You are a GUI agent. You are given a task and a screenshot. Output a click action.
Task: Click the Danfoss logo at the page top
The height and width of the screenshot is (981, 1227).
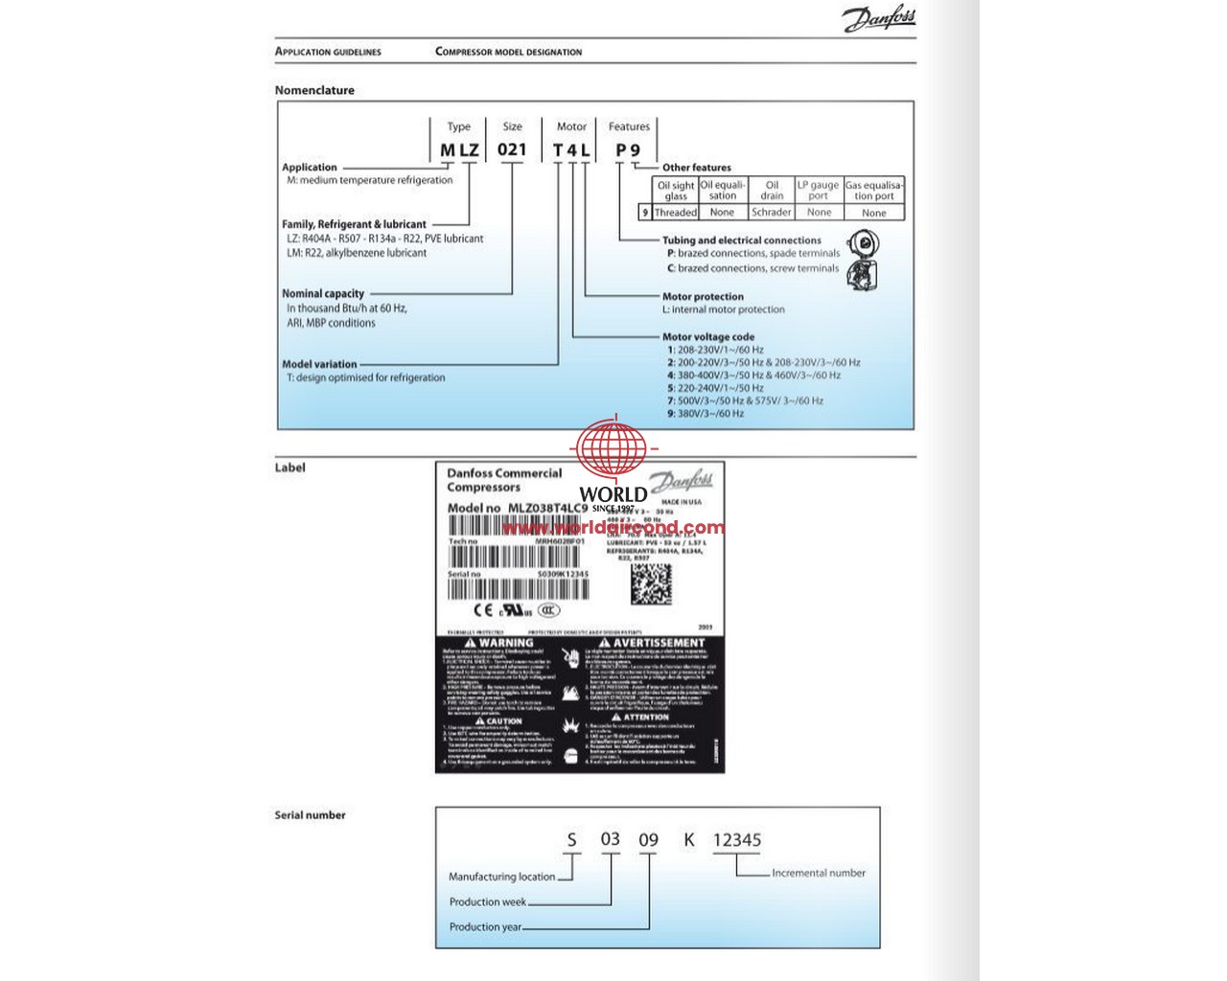click(x=879, y=19)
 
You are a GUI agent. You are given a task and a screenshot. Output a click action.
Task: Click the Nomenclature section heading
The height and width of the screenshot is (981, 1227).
click(x=314, y=90)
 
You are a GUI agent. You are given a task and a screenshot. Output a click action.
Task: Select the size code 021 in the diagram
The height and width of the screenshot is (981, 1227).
click(x=512, y=149)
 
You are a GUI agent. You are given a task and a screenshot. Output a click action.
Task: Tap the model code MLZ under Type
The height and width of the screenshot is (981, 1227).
click(x=459, y=150)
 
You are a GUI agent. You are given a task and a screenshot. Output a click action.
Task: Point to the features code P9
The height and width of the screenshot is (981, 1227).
click(x=628, y=150)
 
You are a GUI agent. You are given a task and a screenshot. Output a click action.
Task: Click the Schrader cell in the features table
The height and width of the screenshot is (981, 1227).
click(x=772, y=213)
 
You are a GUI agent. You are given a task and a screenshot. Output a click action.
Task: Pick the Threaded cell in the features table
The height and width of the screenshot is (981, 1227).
click(x=676, y=213)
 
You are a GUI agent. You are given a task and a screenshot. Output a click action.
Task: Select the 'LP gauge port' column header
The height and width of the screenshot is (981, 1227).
click(x=818, y=190)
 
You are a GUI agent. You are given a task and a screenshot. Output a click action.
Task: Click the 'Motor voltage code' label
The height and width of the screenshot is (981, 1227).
click(x=708, y=337)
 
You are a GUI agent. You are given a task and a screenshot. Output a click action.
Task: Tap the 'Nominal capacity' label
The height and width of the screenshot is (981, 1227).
click(x=323, y=294)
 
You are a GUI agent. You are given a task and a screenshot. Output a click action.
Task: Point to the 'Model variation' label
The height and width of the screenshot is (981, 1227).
click(x=319, y=364)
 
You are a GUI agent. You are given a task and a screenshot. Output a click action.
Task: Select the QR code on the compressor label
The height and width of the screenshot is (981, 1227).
click(x=651, y=583)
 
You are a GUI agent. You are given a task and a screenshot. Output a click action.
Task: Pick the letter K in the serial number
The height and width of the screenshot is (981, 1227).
click(x=688, y=840)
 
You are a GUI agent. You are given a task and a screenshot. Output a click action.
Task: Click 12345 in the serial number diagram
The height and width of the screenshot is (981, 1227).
click(x=736, y=840)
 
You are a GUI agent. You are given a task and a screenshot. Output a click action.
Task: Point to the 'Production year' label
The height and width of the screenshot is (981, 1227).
click(x=485, y=927)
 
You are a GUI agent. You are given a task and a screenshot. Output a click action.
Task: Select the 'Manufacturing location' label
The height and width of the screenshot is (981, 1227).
click(x=501, y=877)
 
